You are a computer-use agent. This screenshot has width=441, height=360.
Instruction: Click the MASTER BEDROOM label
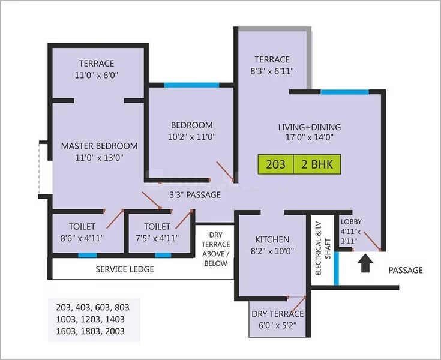click(x=99, y=146)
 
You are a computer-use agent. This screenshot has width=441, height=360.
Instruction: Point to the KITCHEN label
click(x=272, y=239)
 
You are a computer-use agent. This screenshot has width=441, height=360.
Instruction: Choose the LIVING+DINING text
click(x=309, y=127)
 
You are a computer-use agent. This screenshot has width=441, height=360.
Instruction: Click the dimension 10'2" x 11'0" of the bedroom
click(x=191, y=137)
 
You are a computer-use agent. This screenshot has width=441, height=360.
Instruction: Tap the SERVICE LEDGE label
click(x=125, y=269)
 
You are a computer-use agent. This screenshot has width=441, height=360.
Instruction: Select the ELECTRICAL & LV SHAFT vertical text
click(x=323, y=248)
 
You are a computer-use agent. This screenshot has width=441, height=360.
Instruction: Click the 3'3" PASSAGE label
click(x=195, y=195)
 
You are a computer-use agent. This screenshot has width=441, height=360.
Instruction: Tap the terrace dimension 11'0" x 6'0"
click(x=97, y=75)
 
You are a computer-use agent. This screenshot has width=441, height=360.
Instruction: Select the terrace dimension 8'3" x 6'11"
click(x=272, y=71)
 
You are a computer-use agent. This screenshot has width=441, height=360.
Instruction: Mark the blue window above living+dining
click(x=344, y=92)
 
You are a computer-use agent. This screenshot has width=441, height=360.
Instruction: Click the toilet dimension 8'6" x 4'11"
click(x=82, y=238)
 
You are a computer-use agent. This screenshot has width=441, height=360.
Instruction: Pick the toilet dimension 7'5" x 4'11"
click(x=158, y=238)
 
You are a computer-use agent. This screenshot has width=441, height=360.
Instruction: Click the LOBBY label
click(x=350, y=220)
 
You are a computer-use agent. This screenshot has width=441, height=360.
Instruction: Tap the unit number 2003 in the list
click(x=117, y=331)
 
